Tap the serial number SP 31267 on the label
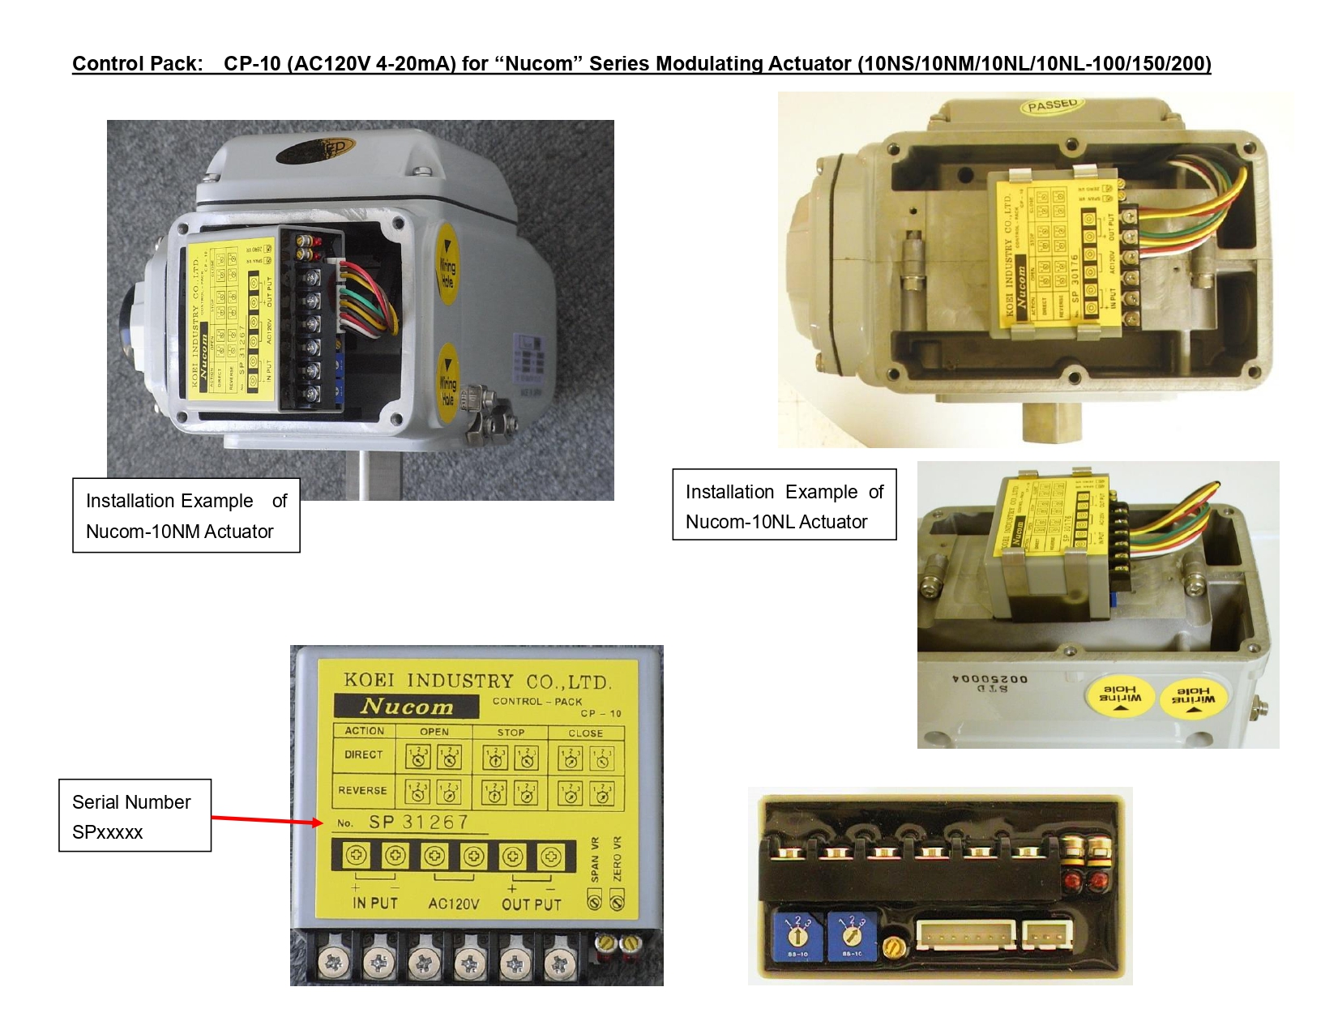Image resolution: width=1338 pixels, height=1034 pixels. coord(418,822)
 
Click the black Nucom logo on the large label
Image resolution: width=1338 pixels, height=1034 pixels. coord(406,706)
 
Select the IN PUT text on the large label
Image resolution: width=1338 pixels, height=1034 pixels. coord(375,903)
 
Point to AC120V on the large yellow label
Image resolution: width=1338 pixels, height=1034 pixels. coord(453,904)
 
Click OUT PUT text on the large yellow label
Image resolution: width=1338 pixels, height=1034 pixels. coord(532,904)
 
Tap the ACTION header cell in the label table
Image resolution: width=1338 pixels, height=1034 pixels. coord(365,731)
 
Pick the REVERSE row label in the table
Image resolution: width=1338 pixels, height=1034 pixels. coord(362,790)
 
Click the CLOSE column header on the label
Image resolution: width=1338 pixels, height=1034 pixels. coord(585,733)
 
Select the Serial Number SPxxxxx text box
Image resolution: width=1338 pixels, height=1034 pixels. coord(135,816)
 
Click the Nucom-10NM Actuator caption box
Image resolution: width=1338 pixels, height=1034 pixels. coord(186,515)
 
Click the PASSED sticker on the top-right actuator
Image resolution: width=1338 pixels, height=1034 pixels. coord(1053,105)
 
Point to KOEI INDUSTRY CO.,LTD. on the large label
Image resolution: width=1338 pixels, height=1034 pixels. coord(477,681)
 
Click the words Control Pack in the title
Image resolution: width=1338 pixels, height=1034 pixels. coord(137,63)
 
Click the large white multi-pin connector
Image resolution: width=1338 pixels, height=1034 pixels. coord(965,934)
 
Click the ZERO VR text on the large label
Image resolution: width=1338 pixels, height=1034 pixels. coord(618,858)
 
